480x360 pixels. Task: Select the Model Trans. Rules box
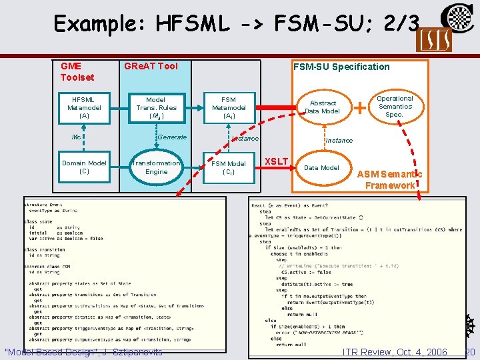(156, 107)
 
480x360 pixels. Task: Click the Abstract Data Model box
(323, 107)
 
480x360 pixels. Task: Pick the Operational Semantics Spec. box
(395, 106)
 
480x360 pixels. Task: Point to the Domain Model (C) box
(84, 167)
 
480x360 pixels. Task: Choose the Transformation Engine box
(156, 167)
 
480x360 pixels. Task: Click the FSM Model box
(229, 167)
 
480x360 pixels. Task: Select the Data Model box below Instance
(321, 167)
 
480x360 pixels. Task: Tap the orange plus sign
(360, 106)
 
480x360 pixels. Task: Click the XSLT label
(277, 161)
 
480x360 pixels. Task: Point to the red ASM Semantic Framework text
(389, 179)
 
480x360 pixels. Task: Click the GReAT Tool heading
(151, 66)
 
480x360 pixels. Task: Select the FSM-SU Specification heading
(341, 66)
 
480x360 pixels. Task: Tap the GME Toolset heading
(77, 71)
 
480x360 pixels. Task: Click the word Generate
(172, 137)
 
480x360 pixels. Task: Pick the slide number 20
(469, 352)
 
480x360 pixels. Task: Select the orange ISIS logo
(433, 39)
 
